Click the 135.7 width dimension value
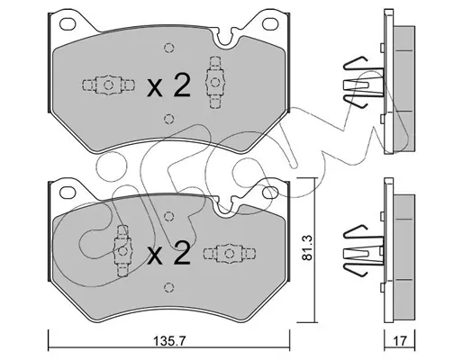(x=170, y=341)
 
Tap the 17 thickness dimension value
(x=400, y=341)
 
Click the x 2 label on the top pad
(x=168, y=85)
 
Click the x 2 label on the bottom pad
(x=168, y=253)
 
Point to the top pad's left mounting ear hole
(x=68, y=23)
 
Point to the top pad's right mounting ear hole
(x=270, y=23)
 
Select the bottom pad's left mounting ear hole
(x=68, y=192)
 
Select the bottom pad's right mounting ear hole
(x=270, y=192)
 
